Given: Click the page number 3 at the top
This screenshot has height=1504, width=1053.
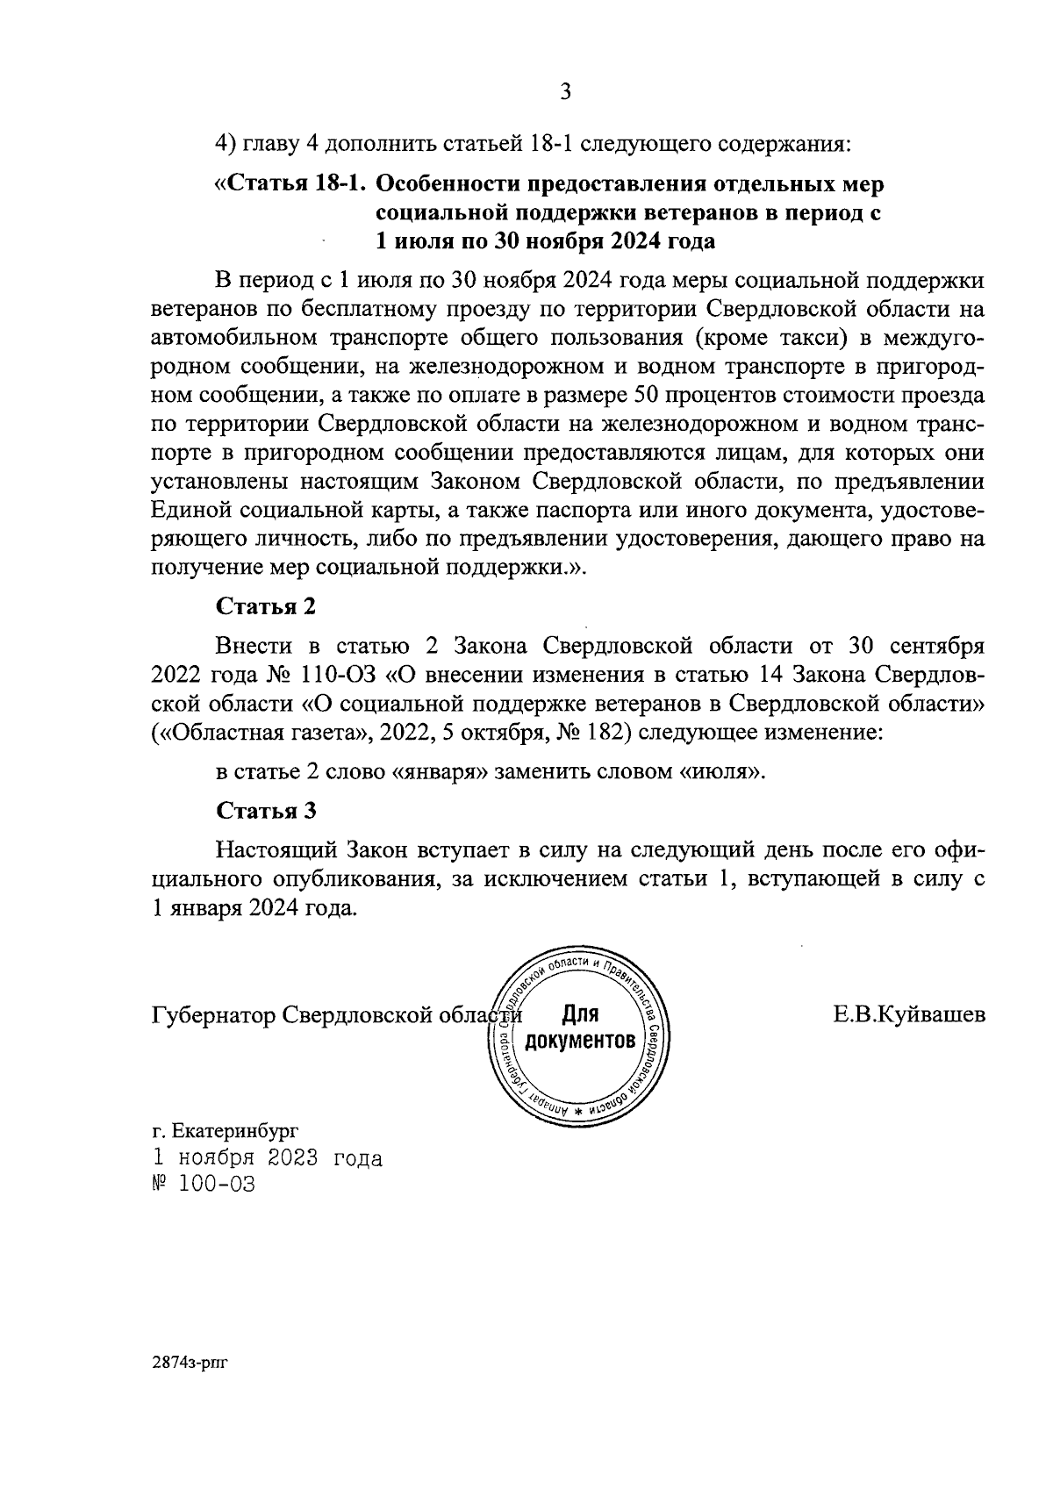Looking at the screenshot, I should pos(565,91).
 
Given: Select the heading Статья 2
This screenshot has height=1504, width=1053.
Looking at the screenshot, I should pos(265,606).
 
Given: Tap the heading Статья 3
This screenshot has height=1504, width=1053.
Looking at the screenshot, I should pos(265,810).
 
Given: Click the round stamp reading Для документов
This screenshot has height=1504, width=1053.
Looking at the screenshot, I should pos(578,1029).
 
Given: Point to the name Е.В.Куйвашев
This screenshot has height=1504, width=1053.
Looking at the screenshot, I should pos(909,1015).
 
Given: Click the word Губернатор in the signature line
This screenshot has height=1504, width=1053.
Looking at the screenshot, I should pos(213,1016).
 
